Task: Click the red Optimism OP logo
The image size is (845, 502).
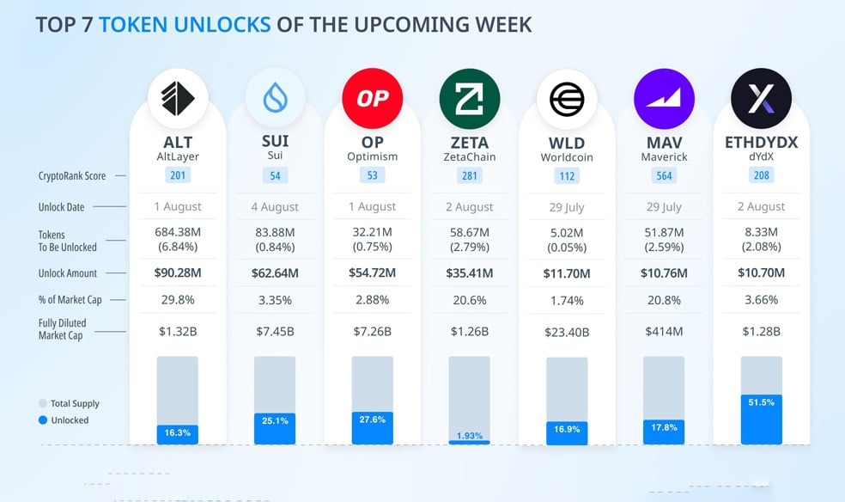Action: tap(373, 98)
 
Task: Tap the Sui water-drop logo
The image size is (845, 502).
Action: tap(275, 98)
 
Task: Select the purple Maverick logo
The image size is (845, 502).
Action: tap(664, 99)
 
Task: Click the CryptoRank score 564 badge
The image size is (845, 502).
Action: tap(664, 175)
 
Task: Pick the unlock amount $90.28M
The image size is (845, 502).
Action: tap(178, 272)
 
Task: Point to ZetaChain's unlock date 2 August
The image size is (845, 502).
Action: tap(470, 207)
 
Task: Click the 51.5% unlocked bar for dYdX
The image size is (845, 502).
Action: tap(762, 419)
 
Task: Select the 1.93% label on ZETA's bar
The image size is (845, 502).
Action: tap(470, 436)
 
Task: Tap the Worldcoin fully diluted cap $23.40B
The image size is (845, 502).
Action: tap(567, 332)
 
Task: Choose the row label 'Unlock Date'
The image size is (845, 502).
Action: tap(62, 207)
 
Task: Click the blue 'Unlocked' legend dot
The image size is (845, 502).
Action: tap(43, 420)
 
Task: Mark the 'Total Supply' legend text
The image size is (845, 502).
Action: tap(75, 403)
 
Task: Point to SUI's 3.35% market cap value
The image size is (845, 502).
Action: tap(275, 300)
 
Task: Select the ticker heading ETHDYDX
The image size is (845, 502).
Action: tap(762, 143)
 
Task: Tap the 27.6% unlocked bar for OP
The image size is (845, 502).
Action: tap(373, 428)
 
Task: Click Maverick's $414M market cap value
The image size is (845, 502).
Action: tap(664, 332)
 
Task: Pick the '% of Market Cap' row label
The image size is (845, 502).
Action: tap(70, 300)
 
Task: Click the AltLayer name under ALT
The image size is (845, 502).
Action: tap(178, 157)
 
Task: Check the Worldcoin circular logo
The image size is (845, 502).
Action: tap(567, 99)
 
